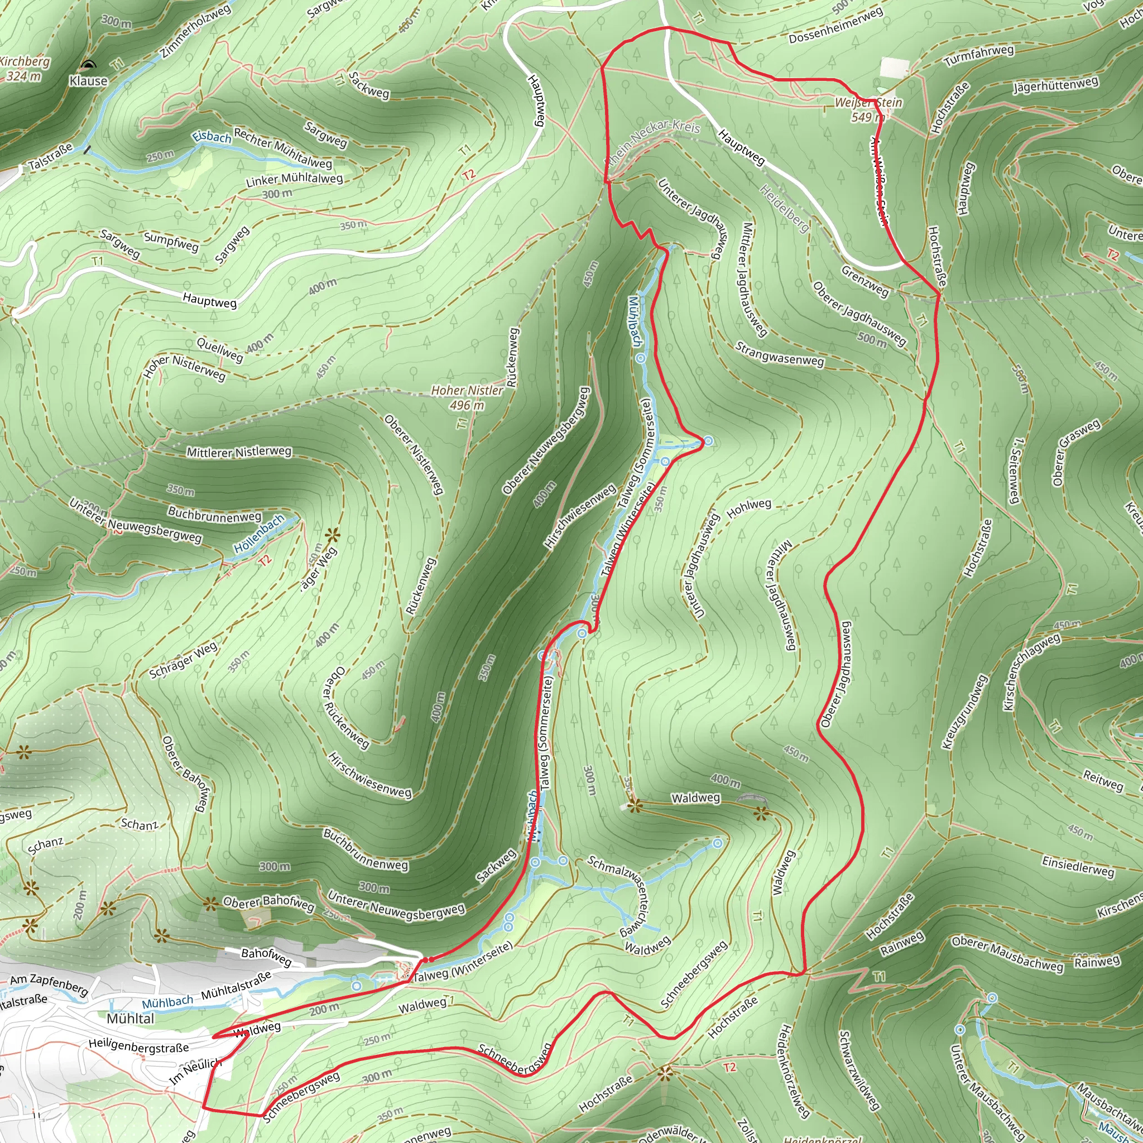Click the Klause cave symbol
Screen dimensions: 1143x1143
88,66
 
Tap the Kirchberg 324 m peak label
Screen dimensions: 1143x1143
24,69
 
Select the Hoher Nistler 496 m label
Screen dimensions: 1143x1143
467,397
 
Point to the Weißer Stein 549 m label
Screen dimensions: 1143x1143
868,110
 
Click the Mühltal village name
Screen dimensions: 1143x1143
130,1018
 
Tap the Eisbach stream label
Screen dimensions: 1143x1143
212,137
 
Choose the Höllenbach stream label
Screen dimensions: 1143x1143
259,534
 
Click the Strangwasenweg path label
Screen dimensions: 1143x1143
779,353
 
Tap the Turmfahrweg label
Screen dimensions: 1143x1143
978,56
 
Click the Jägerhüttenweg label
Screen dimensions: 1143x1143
1055,85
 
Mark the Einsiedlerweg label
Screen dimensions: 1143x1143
1078,867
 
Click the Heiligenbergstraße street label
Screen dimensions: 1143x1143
138,1046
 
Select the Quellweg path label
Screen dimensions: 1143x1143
219,349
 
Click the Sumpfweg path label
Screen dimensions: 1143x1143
171,241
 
